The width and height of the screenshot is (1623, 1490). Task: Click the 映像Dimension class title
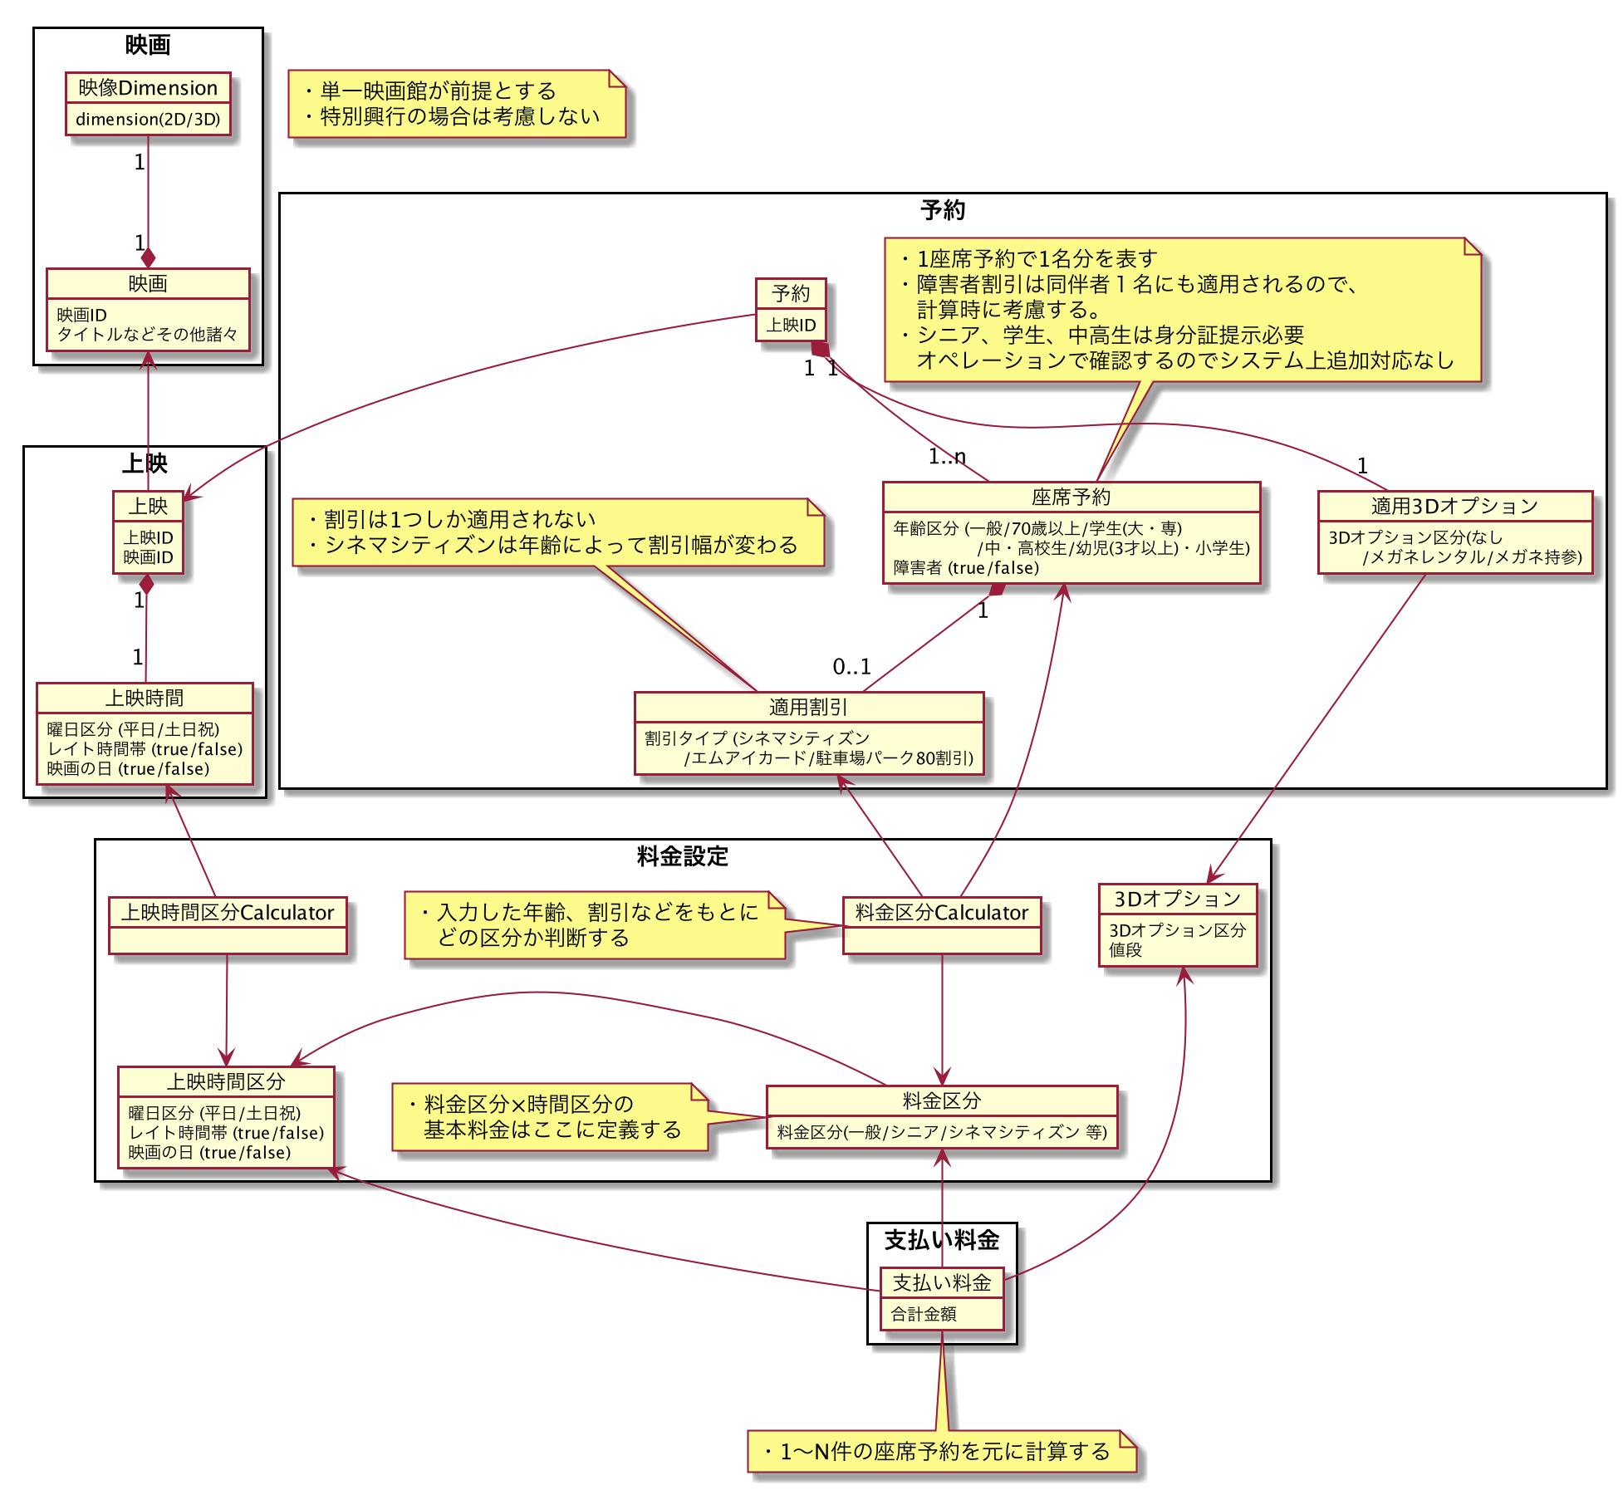(148, 88)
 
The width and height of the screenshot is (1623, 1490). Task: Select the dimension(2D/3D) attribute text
(148, 120)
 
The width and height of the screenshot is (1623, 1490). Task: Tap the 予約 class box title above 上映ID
(790, 293)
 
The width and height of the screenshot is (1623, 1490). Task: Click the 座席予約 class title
(1071, 497)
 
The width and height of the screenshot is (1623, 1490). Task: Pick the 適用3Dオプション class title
(1454, 506)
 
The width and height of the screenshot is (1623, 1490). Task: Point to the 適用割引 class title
(808, 707)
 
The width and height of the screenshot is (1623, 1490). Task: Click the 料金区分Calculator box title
(941, 913)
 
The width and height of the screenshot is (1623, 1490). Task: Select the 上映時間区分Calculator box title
(228, 913)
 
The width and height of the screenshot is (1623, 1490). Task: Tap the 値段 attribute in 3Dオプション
(1125, 950)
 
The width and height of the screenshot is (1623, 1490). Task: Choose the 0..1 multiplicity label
(852, 666)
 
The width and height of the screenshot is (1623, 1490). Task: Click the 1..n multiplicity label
(947, 456)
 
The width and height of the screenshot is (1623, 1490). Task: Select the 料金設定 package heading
(682, 856)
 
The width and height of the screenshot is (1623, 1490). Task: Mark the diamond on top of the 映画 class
(148, 257)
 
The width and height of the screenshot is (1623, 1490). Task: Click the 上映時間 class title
(145, 698)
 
